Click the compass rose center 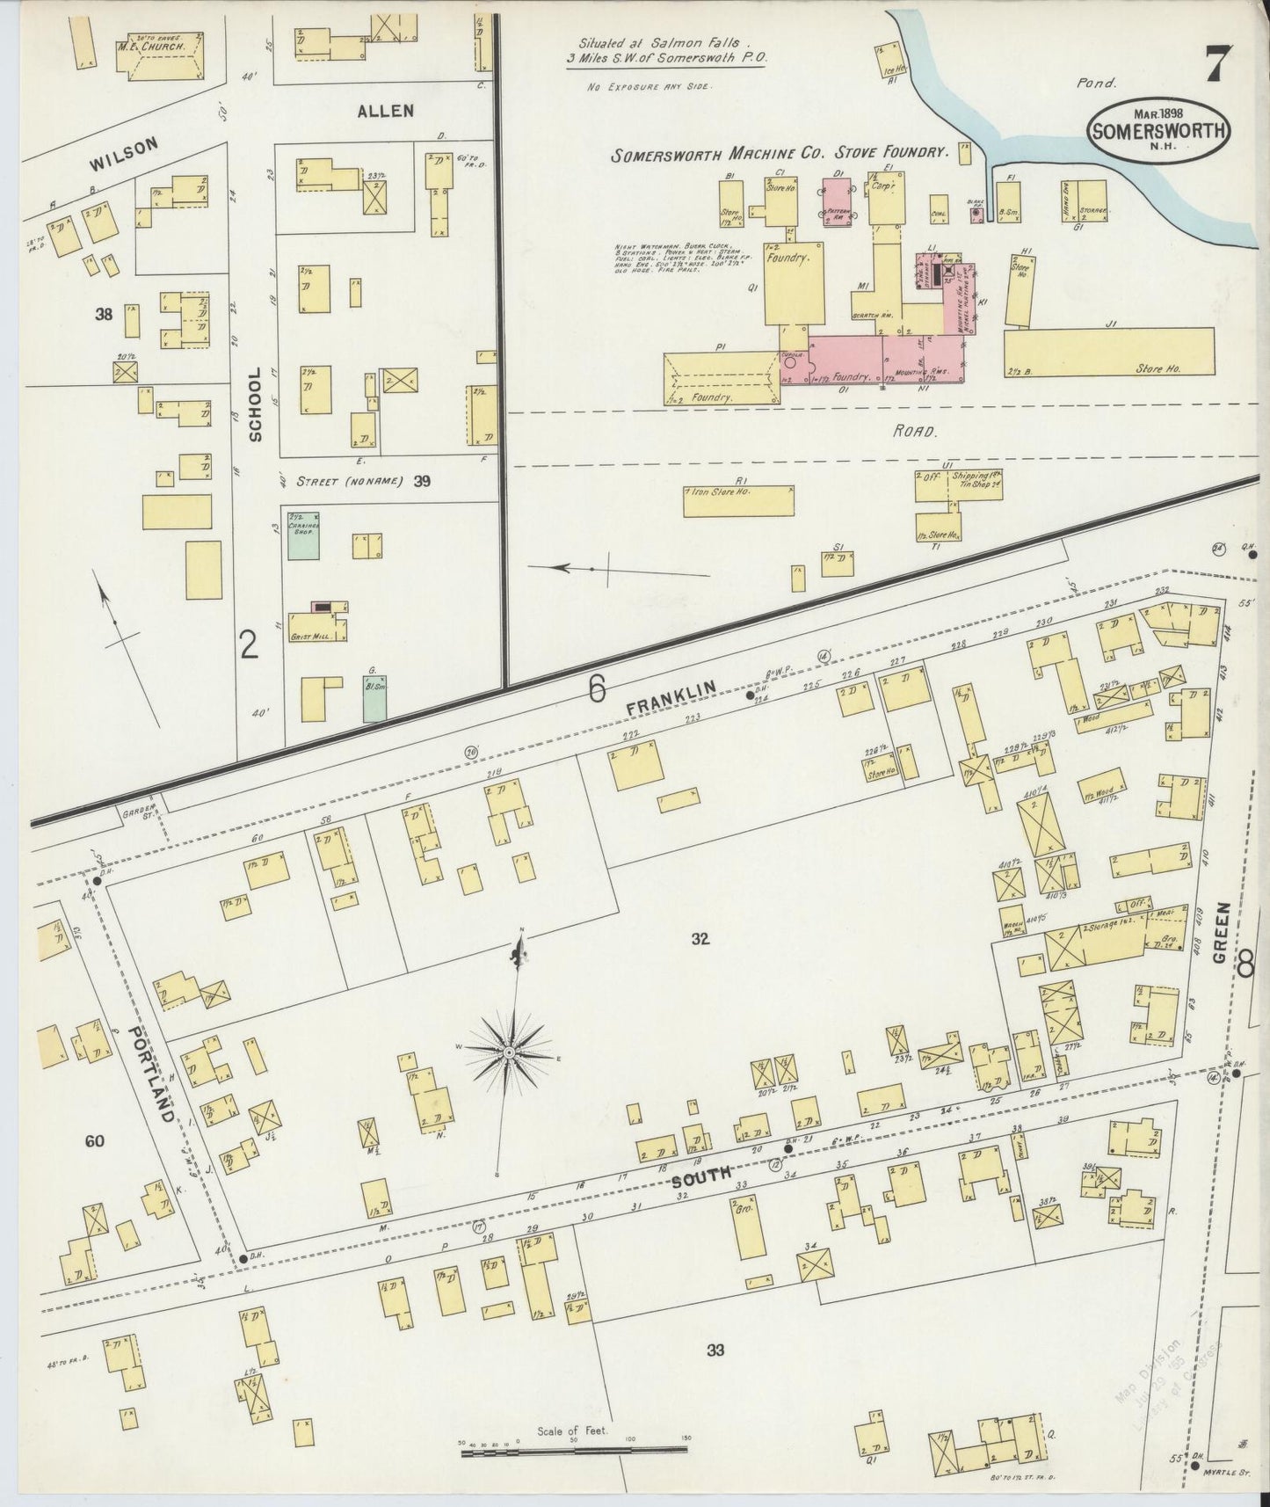click(509, 1052)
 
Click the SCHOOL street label click(255, 404)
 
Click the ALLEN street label click(385, 111)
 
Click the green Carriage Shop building click(303, 535)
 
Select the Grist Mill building click(319, 622)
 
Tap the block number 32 click(699, 939)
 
